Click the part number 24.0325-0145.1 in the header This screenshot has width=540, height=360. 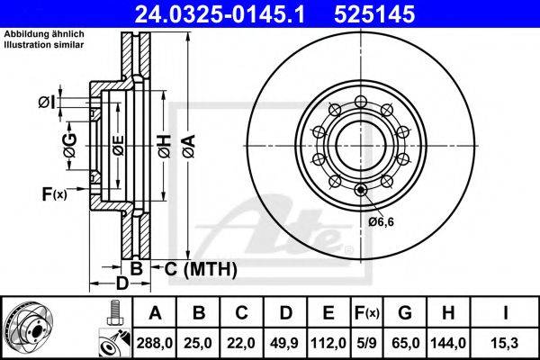coord(220,14)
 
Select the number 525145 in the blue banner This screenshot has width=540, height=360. coord(374,14)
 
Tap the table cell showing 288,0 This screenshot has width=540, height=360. coord(154,343)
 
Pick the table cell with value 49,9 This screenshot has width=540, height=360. coord(284,343)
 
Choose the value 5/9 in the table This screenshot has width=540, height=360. coord(366,343)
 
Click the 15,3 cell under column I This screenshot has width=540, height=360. coord(505,343)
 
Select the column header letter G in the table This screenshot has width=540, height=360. coord(405,313)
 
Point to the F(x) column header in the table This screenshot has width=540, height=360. coord(367,313)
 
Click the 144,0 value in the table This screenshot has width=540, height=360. coord(448,343)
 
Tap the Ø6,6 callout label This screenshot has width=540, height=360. coord(381,221)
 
